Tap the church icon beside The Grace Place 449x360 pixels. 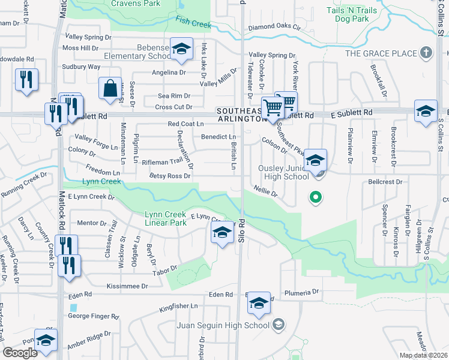427,53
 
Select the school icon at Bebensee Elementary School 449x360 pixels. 180,50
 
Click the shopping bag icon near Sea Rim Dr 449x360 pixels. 111,89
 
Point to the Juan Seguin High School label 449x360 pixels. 223,325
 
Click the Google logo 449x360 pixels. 20,353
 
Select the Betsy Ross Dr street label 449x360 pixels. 170,176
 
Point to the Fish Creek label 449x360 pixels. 193,23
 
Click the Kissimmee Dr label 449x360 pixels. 127,286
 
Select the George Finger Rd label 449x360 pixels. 93,316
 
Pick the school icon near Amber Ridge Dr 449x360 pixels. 46,341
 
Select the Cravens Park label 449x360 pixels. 136,4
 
